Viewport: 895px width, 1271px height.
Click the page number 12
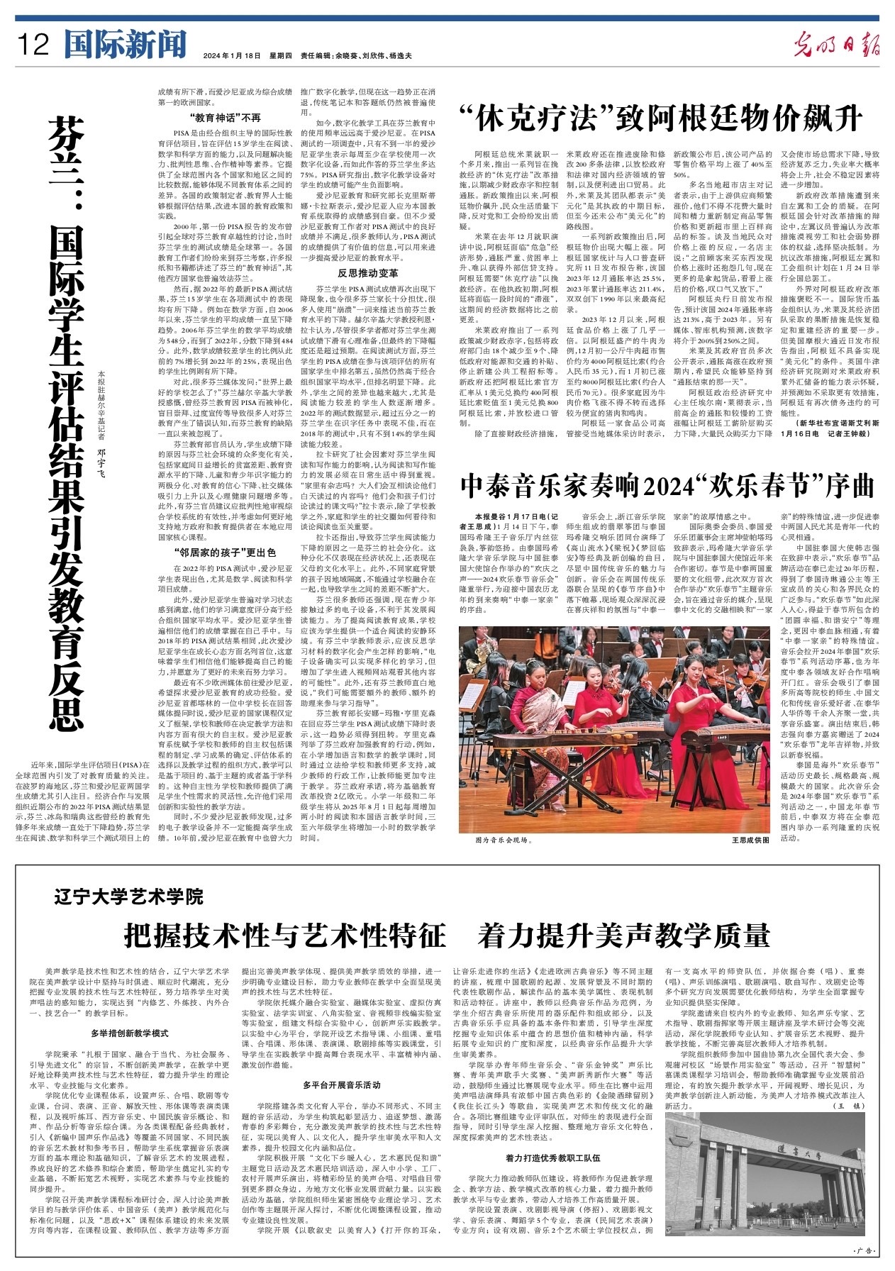tap(33, 45)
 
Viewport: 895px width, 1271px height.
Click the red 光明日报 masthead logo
tap(837, 45)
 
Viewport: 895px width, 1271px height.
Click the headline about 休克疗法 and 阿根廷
tap(660, 118)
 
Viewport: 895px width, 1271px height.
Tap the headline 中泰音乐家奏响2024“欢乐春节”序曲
tap(667, 487)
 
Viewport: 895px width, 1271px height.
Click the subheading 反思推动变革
tap(367, 272)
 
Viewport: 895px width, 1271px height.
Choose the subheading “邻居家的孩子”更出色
tap(225, 552)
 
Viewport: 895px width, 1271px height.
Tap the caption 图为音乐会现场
tap(504, 840)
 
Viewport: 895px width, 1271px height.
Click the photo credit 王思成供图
tap(750, 840)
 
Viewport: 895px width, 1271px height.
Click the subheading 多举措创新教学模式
tap(129, 1033)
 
